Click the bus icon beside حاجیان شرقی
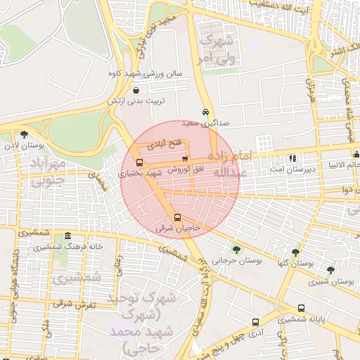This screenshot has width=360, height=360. (x=177, y=217)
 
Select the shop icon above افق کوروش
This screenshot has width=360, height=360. (x=185, y=159)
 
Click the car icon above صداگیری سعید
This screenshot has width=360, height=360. (x=205, y=112)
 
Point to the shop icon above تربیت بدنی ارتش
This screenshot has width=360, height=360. (x=136, y=90)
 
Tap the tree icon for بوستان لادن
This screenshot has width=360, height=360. (x=25, y=134)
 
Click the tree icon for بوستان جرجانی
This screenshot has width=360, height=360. (x=236, y=249)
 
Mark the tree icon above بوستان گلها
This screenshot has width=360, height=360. (x=295, y=251)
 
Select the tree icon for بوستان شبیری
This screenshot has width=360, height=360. (x=330, y=269)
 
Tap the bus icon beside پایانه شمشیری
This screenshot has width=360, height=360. (x=302, y=308)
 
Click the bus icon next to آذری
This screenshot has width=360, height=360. (x=255, y=322)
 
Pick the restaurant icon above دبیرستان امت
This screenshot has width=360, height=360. (x=292, y=157)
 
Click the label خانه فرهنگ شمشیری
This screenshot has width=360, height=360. (x=66, y=247)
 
